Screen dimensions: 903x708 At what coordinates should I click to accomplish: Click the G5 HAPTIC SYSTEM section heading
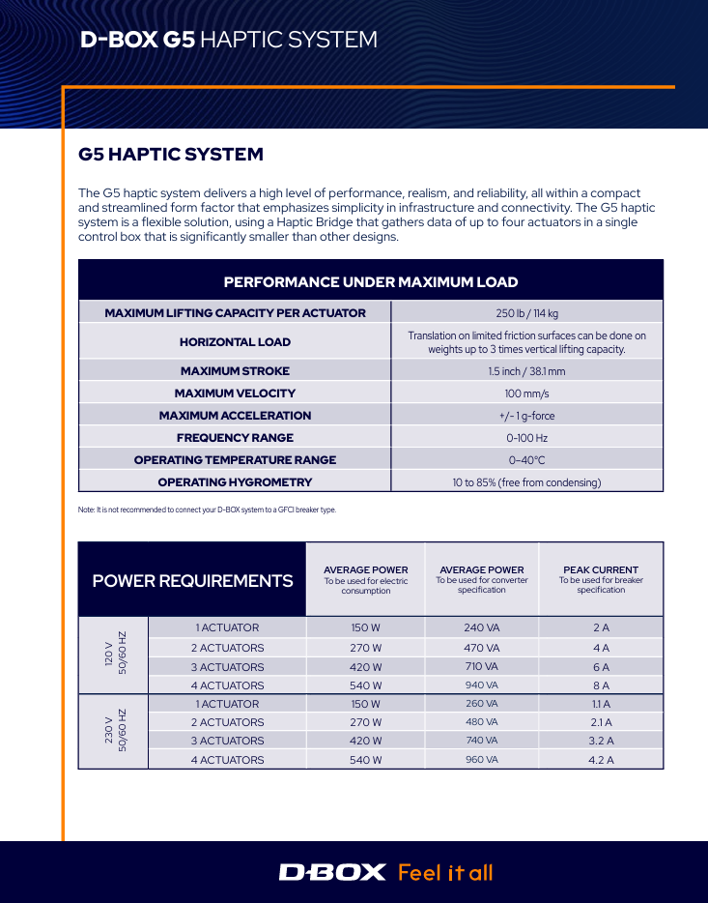coord(170,155)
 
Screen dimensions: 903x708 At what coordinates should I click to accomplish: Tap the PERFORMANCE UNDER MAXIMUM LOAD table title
coord(371,282)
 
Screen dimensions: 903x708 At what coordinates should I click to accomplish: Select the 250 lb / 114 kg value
coord(526,312)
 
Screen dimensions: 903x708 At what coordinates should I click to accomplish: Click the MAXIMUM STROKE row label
coord(235,371)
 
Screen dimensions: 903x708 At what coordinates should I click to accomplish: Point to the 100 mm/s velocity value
coord(526,393)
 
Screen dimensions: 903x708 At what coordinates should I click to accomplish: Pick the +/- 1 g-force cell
coord(526,416)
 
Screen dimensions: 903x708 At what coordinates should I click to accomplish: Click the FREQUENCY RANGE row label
coord(235,438)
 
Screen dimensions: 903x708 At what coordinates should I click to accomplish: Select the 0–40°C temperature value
coord(526,460)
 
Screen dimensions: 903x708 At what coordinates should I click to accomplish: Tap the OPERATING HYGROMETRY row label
coord(235,482)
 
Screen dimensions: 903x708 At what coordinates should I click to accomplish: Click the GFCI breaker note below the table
coord(207,510)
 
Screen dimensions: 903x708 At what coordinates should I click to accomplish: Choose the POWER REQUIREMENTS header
coord(192,580)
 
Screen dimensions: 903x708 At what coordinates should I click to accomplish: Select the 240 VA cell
coord(481,627)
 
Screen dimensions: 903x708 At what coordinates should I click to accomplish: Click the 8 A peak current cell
coord(601,685)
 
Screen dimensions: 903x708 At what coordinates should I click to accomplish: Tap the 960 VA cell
coord(481,760)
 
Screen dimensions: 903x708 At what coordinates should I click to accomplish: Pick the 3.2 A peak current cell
coord(601,741)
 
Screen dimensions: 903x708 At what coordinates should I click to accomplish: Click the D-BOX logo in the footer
coord(332,872)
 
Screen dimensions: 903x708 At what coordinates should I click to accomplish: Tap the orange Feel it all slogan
coord(445,872)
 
